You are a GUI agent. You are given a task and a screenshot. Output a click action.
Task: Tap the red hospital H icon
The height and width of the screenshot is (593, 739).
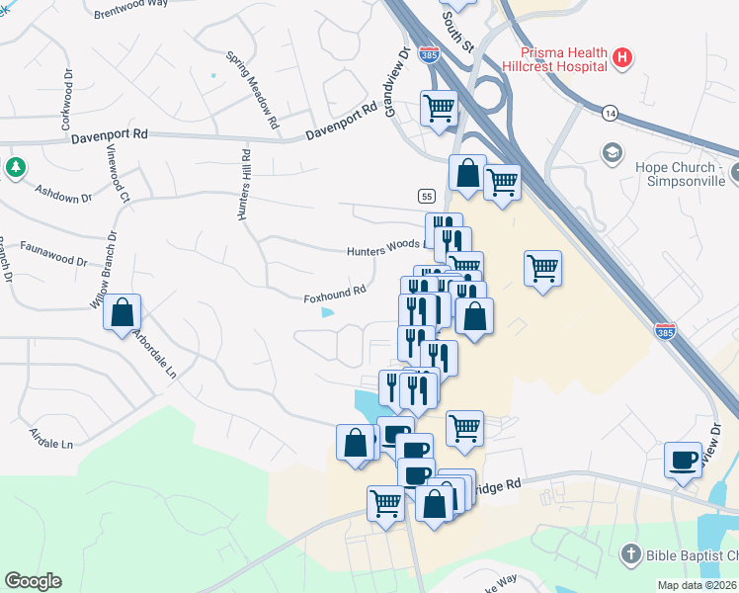[622, 58]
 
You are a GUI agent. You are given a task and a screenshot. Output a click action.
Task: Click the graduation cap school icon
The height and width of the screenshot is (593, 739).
[613, 153]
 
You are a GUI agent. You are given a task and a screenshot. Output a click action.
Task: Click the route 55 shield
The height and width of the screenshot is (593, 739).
[426, 196]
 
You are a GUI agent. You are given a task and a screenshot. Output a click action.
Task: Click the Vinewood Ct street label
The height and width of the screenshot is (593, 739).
[119, 175]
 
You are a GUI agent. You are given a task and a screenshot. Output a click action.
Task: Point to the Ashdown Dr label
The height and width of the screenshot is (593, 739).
[63, 193]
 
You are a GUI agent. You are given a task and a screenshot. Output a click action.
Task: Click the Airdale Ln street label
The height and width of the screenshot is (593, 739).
[51, 440]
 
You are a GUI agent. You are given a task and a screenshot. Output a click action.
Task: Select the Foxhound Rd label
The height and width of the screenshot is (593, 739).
[335, 293]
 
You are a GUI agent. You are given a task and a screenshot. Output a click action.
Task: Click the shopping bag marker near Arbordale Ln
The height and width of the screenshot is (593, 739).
[123, 312]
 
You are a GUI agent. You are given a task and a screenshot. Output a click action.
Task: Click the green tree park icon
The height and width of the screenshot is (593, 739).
[15, 167]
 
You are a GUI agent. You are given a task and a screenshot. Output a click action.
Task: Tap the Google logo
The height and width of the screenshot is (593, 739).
[33, 581]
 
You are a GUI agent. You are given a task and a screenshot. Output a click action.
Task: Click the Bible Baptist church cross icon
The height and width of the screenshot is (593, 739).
[632, 553]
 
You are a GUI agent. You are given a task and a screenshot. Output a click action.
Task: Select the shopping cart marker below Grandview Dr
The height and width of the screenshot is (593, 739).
[439, 108]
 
